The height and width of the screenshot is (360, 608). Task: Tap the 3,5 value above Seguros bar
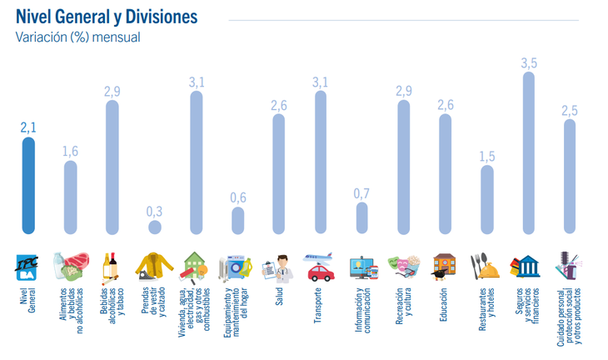[x=529, y=63]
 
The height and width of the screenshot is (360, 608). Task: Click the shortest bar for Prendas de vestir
[x=154, y=227]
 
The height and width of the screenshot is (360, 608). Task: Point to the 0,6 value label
[x=237, y=197]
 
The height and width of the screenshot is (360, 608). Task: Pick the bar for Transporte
[x=321, y=162]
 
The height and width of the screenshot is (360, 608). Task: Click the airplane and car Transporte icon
[x=320, y=267]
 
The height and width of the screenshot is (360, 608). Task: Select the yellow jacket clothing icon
[x=154, y=267]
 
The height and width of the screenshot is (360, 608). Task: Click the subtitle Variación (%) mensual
[x=77, y=37]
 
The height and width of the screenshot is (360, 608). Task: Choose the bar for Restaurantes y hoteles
[x=487, y=200]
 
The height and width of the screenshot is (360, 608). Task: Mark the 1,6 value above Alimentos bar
[x=71, y=151]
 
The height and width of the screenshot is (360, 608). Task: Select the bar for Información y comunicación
[x=362, y=218]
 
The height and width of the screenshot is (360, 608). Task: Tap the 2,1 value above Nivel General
[x=29, y=127]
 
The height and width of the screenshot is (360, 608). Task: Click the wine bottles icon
[x=111, y=267]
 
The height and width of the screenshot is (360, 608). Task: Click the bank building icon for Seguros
[x=527, y=267]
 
